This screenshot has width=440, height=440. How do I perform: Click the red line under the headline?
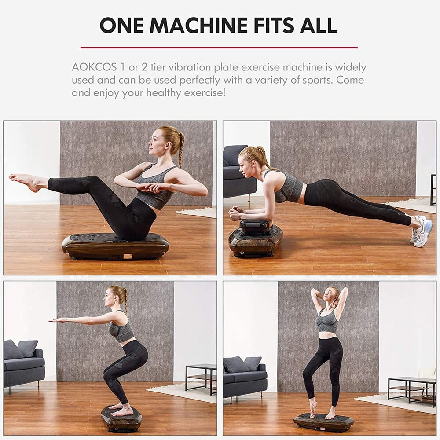point(219,47)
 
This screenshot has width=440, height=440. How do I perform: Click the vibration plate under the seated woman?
point(115,246)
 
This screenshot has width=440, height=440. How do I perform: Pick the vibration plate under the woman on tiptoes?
point(324,422)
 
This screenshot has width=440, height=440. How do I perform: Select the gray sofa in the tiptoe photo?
point(245,377)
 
